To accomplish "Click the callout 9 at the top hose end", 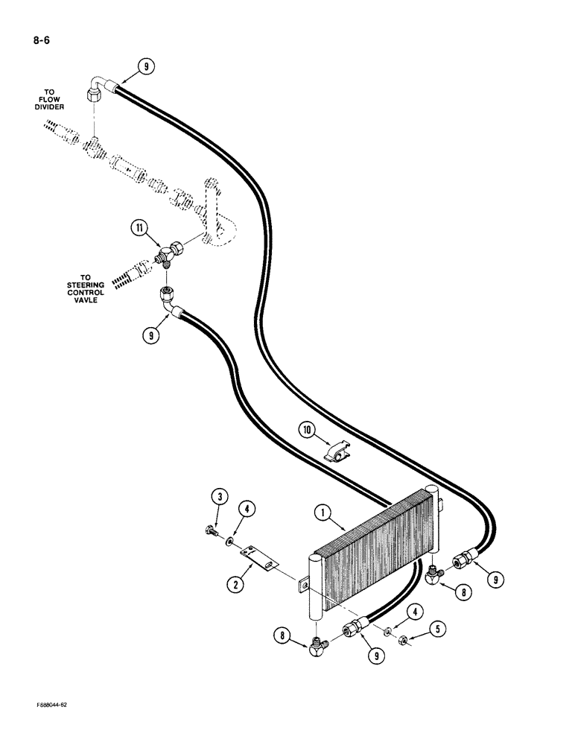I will point(147,66).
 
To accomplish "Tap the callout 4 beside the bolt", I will point(248,510).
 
